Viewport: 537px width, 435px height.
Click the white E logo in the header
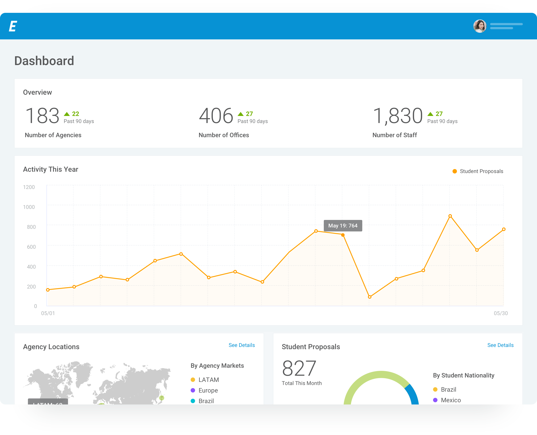click(x=13, y=26)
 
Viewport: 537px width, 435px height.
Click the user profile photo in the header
click(x=479, y=26)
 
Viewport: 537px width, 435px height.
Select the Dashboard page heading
click(x=44, y=61)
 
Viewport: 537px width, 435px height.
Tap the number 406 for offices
click(x=216, y=116)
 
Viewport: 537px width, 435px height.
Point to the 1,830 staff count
click(x=397, y=116)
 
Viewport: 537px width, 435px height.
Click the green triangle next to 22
click(x=67, y=114)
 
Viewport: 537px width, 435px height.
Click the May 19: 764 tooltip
click(x=343, y=225)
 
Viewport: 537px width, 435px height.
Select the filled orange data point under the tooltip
click(x=343, y=235)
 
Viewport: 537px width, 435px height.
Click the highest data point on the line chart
click(x=450, y=216)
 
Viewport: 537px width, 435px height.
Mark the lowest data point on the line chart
click(x=369, y=297)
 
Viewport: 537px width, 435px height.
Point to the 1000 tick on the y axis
click(x=29, y=207)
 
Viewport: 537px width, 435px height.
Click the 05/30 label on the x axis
click(x=501, y=313)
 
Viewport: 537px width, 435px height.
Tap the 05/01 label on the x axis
click(x=48, y=313)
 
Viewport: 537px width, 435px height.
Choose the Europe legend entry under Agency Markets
click(x=208, y=390)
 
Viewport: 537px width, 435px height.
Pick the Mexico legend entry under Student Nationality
click(x=451, y=400)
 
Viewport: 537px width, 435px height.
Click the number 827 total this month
click(x=299, y=368)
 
